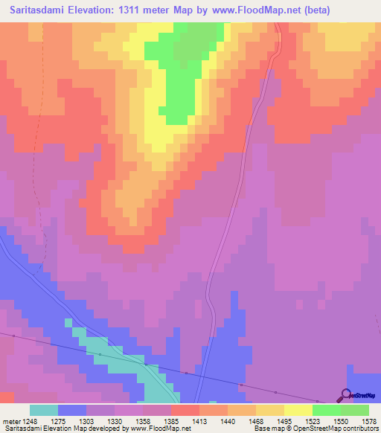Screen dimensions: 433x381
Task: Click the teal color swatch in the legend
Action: [x=44, y=410]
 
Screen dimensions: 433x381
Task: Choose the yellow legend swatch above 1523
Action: [x=298, y=410]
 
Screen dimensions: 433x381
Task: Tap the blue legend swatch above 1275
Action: [x=72, y=410]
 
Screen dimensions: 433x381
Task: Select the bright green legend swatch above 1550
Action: [x=327, y=410]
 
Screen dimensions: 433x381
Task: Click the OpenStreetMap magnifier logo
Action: [x=345, y=396]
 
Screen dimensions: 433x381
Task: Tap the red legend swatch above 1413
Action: [x=185, y=410]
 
